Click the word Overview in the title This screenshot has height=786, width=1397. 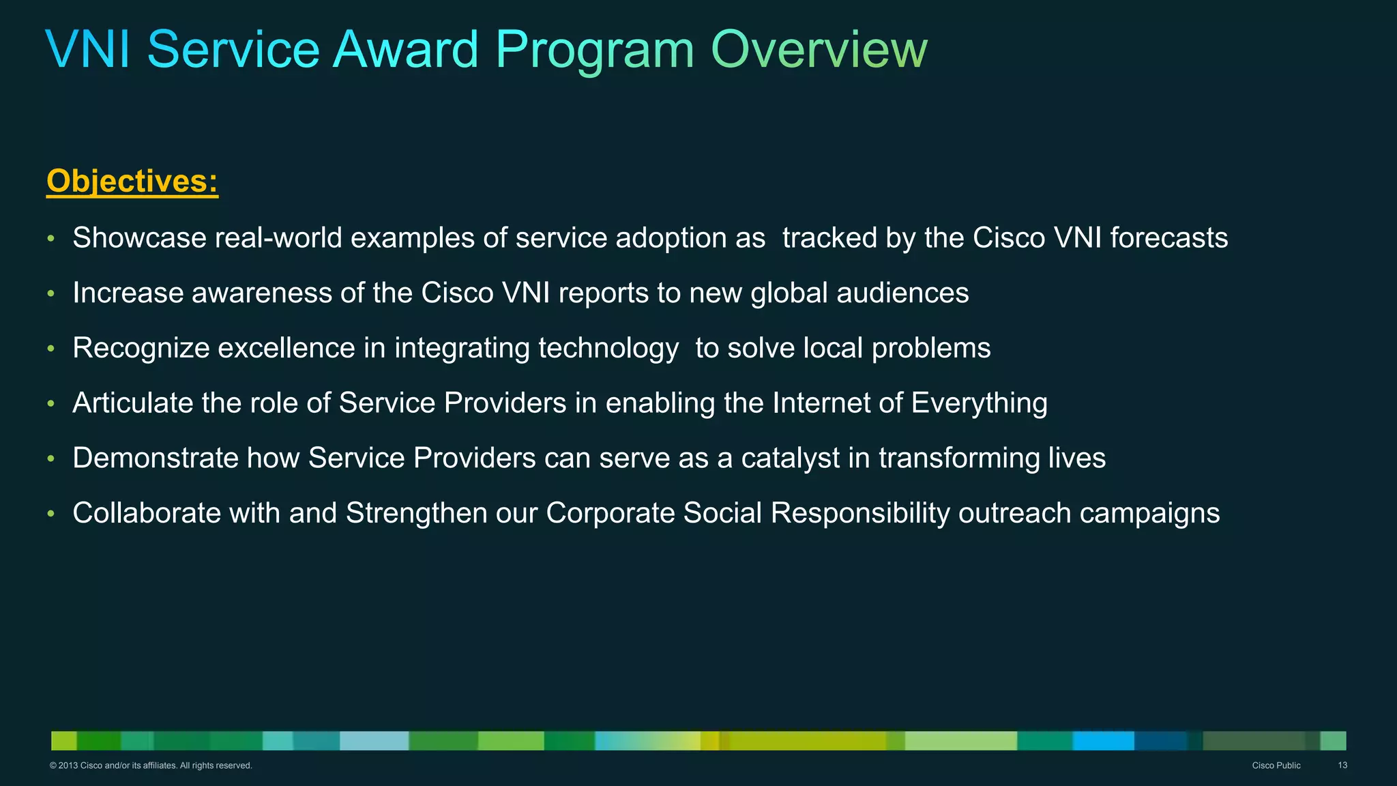[819, 49]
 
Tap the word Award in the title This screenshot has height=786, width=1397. [405, 49]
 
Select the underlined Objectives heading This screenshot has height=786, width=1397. [132, 181]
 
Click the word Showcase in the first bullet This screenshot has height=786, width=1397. [139, 238]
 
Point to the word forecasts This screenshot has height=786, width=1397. [1168, 238]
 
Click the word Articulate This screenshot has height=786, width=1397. [132, 403]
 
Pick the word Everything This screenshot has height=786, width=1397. [979, 403]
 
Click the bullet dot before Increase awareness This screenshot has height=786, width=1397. [50, 294]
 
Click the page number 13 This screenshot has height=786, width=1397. [1342, 766]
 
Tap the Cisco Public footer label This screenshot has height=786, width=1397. [1276, 766]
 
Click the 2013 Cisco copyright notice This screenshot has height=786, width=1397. [151, 766]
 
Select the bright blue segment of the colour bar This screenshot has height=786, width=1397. [1103, 740]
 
